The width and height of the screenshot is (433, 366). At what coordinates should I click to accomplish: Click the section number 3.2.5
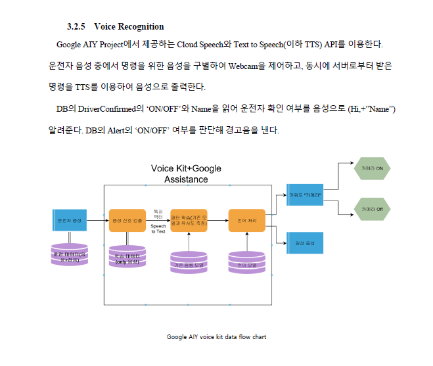click(x=76, y=27)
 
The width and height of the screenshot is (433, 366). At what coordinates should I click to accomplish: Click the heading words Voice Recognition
click(x=129, y=27)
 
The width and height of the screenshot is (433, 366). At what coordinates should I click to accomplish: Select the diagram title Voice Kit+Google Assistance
click(x=186, y=173)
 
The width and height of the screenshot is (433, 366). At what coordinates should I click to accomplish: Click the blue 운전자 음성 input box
click(x=69, y=220)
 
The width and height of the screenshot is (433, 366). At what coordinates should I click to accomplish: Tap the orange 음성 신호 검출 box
click(x=127, y=220)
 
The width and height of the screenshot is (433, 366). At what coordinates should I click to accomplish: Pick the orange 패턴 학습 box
click(x=189, y=220)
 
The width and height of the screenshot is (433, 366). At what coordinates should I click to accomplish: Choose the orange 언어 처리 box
click(x=246, y=220)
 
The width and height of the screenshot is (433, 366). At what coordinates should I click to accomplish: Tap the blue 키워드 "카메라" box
click(x=305, y=194)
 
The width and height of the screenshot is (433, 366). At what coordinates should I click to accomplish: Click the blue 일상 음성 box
click(x=305, y=243)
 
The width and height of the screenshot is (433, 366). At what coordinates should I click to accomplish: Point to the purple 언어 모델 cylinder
click(x=246, y=262)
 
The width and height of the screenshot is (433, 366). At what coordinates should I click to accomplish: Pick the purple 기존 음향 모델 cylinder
click(x=189, y=262)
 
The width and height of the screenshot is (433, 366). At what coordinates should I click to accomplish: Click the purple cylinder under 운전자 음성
click(x=69, y=255)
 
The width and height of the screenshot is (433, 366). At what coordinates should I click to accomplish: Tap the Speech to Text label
click(x=158, y=228)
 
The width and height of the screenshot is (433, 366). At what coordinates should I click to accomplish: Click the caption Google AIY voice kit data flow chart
click(x=216, y=337)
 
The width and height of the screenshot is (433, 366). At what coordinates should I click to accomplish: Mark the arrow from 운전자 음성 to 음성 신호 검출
click(x=98, y=220)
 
